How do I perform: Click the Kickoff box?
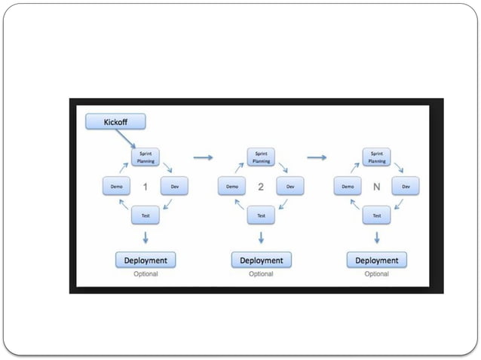115,121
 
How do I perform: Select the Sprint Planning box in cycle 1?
146,157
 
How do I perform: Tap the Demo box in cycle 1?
116,186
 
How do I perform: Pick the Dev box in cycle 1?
174,186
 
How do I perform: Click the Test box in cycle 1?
146,215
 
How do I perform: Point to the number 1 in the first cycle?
145,186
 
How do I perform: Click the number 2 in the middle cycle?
261,186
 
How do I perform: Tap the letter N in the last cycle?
376,186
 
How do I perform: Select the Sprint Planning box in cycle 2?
261,157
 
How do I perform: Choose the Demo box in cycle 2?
232,186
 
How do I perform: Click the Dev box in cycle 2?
290,186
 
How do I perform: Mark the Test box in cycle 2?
261,215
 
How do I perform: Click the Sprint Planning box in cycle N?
377,157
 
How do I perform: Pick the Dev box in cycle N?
406,186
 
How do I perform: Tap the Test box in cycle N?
377,215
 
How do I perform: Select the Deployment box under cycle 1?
146,260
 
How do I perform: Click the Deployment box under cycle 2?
261,260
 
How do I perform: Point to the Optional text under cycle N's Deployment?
377,274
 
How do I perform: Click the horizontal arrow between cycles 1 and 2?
203,157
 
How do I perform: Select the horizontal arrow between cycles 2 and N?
317,157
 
